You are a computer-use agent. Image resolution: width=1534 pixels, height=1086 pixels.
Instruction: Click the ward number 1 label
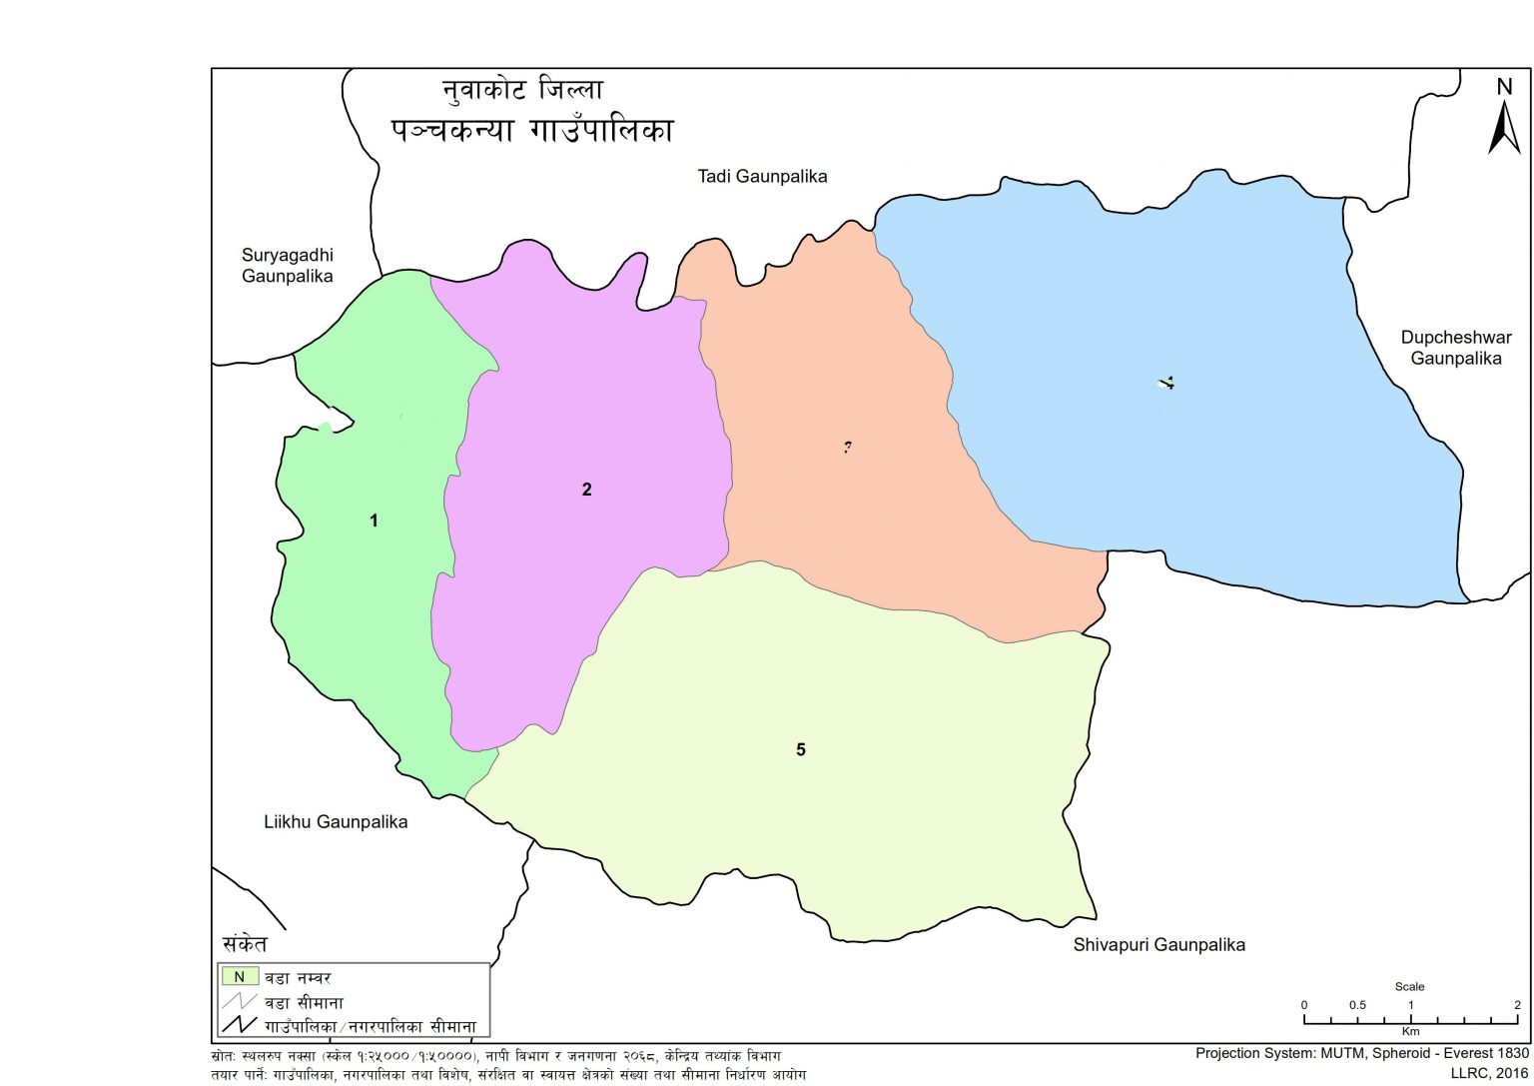374,521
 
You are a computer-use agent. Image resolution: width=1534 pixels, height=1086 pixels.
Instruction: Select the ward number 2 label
586,490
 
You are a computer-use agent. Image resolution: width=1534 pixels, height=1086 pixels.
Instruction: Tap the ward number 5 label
800,750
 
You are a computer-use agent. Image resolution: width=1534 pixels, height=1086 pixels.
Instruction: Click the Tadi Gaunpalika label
762,177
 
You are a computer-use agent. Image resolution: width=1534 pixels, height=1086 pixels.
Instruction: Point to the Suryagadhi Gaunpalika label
287,266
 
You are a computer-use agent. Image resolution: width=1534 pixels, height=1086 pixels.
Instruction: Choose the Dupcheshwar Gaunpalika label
1455,348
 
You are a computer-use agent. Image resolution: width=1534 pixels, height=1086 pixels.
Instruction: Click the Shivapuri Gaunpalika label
1158,944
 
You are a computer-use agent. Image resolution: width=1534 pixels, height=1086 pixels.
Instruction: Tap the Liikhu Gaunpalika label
336,822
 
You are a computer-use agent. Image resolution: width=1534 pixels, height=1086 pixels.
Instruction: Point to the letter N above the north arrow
1504,87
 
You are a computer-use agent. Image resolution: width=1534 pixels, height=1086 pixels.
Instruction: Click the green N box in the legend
240,977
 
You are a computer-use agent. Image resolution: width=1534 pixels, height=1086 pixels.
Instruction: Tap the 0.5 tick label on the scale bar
1357,1005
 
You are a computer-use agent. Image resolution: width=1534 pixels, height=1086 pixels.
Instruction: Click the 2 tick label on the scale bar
1516,1005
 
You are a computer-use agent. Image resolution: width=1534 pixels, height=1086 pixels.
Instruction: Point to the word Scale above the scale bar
1409,986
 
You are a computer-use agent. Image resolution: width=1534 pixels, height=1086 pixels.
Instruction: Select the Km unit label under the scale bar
1410,1031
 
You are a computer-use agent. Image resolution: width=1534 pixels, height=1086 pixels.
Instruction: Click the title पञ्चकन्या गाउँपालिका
532,131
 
